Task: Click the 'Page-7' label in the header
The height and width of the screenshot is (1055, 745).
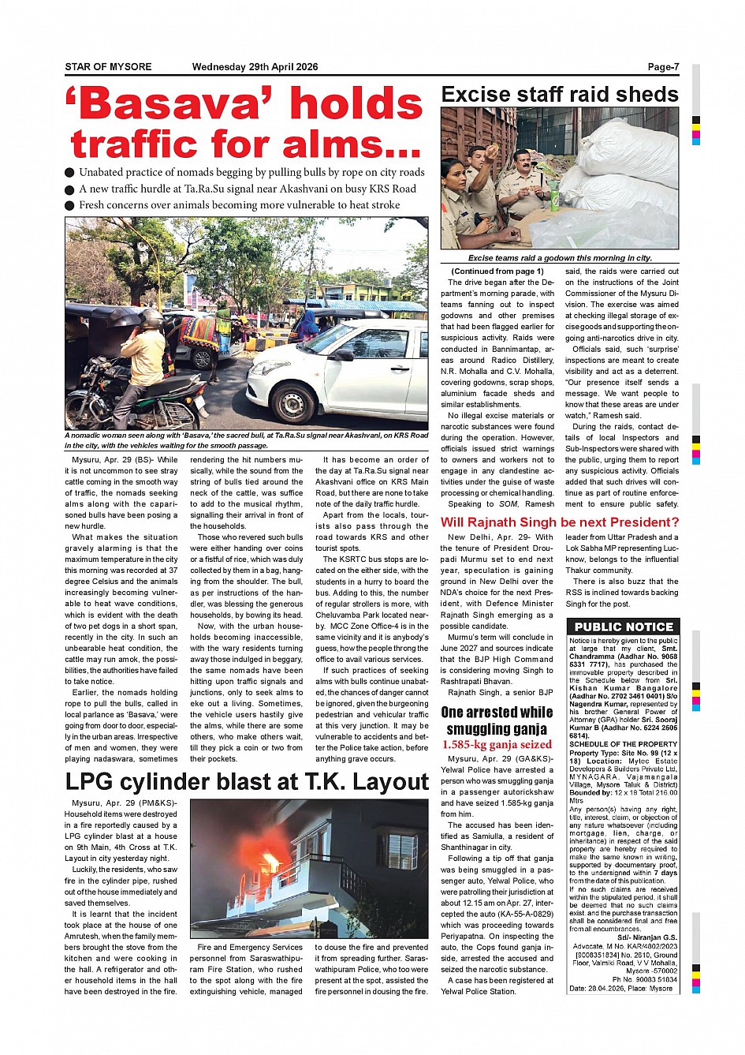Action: coord(663,67)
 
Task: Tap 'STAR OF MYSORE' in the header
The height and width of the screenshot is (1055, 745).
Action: coord(108,67)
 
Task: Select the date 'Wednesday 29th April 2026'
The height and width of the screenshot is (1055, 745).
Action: coord(255,67)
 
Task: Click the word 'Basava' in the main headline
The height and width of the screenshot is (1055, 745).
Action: coord(173,105)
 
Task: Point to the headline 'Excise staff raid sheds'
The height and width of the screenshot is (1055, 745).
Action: coord(559,95)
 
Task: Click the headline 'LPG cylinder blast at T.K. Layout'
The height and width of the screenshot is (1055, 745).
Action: coord(247,781)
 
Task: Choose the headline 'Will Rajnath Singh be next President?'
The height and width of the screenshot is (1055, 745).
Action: coord(559,522)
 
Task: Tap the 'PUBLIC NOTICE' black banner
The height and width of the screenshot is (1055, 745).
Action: coord(623,627)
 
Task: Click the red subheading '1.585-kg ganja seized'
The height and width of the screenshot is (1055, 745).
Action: coord(497,744)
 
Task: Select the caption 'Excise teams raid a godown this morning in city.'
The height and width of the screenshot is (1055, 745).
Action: coord(559,258)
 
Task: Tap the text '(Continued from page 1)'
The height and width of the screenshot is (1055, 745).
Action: coord(497,271)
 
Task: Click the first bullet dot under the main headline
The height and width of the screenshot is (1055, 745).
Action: coord(70,173)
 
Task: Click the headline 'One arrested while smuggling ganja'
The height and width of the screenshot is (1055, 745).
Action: coord(497,720)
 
